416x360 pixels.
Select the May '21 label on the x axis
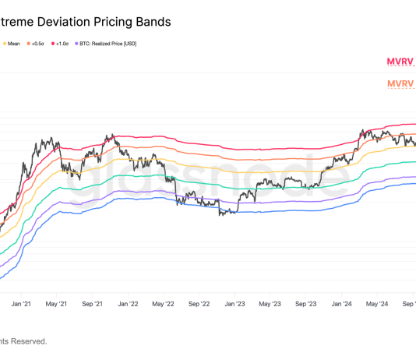(55, 304)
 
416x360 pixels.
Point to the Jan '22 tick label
(127, 304)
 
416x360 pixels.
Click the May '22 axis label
(163, 304)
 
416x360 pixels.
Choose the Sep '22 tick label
(199, 304)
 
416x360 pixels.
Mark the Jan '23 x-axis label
(234, 304)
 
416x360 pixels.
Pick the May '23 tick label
(270, 304)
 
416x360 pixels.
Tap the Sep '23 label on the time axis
(306, 304)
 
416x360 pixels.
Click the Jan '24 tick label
(342, 304)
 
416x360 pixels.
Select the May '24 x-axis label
(377, 304)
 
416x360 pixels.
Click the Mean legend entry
(13, 44)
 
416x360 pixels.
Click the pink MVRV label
(401, 61)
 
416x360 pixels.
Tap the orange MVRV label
(401, 84)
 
